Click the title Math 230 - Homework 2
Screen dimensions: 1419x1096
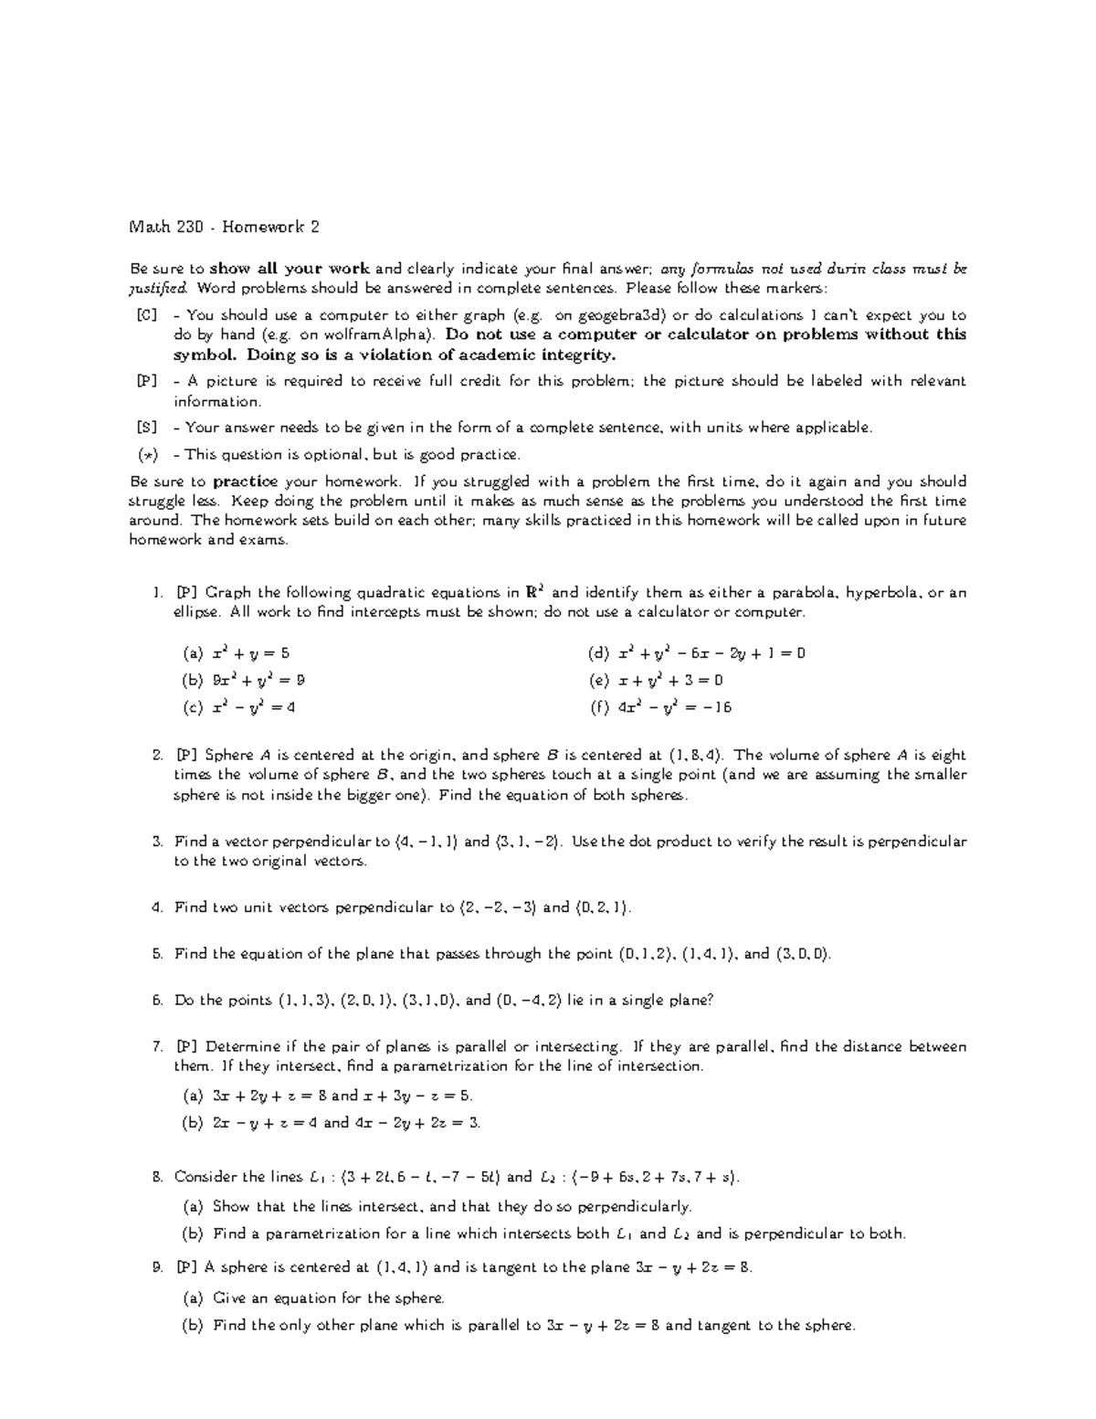tap(225, 228)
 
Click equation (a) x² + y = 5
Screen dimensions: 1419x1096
tap(237, 653)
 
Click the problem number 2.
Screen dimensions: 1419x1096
tap(157, 756)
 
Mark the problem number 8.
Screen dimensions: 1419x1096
tap(157, 1177)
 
